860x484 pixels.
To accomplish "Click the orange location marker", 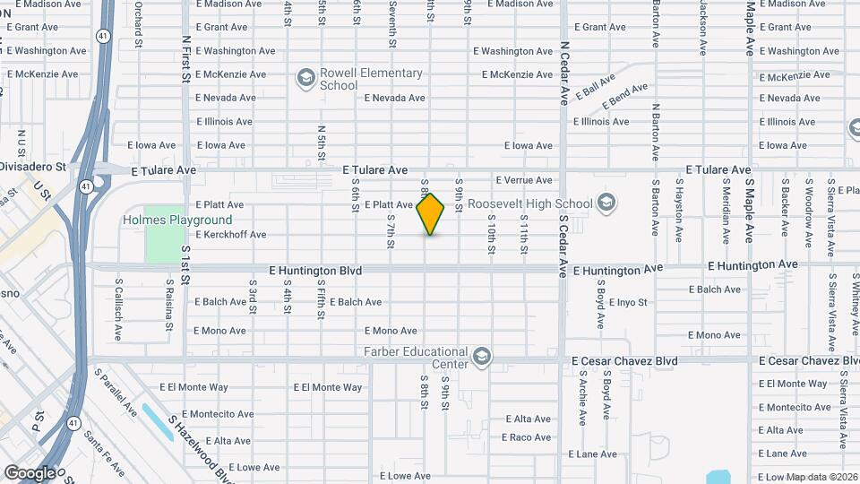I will [431, 213].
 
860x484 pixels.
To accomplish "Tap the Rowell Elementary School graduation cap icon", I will [305, 79].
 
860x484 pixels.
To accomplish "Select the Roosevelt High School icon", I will [606, 203].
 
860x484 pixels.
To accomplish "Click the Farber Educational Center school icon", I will [483, 358].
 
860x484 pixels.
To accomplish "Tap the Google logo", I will [30, 472].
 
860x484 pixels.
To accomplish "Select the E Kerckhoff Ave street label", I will [231, 235].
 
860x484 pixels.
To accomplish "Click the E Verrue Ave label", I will [523, 180].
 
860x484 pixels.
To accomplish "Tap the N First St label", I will [186, 58].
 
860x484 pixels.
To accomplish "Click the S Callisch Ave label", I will [118, 308].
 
